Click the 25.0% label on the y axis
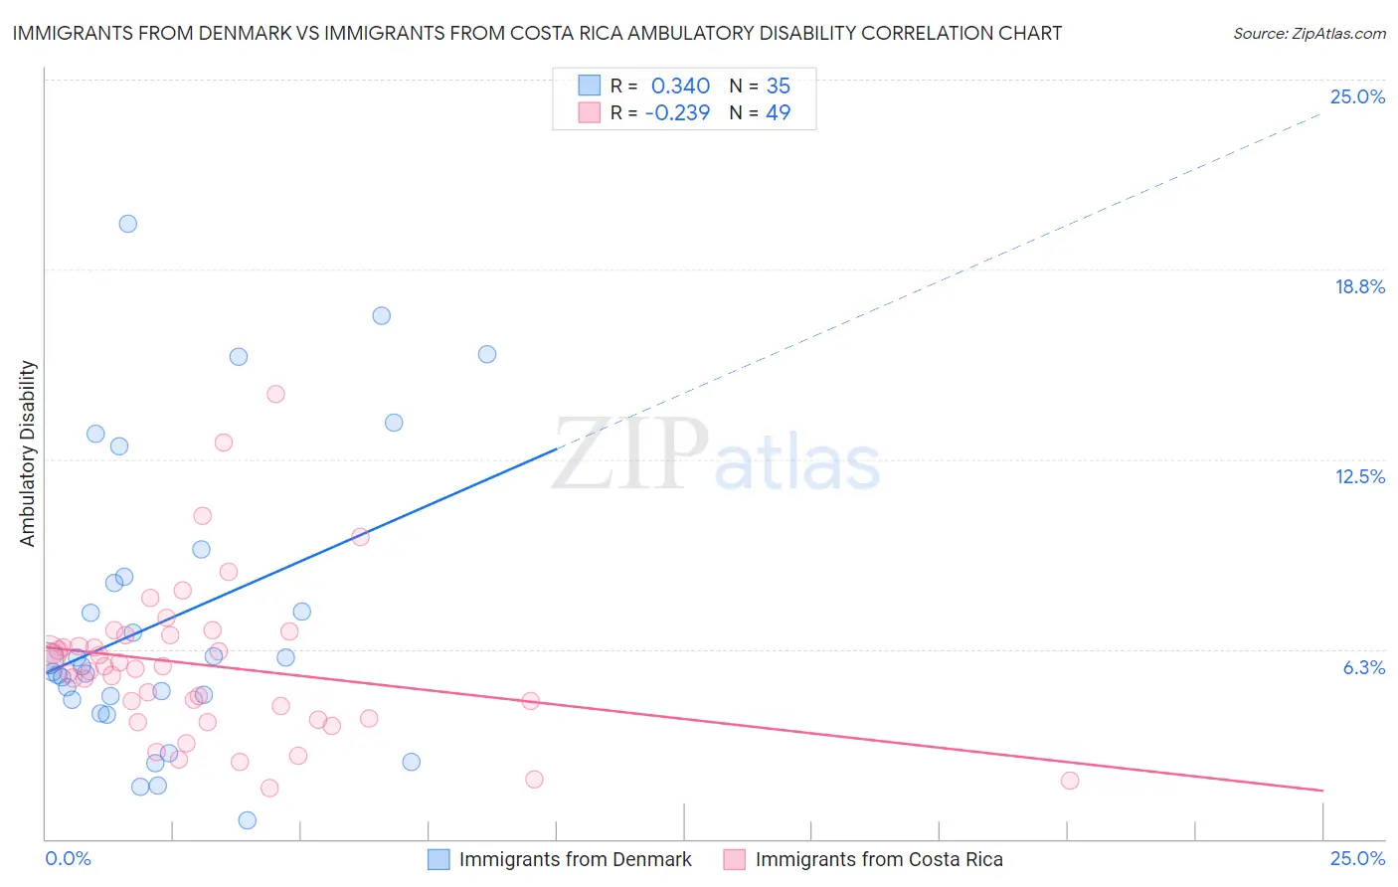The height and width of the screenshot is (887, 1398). (x=1357, y=96)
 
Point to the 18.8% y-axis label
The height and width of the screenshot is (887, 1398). (x=1359, y=286)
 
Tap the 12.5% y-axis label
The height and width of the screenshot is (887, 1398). (x=1359, y=476)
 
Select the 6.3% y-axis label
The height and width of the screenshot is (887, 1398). (x=1363, y=667)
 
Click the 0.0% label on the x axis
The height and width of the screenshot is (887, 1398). (x=68, y=858)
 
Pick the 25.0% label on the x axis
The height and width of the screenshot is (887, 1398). (x=1357, y=858)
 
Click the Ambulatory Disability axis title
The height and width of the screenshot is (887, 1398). (x=28, y=453)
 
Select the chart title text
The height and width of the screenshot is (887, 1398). (x=537, y=33)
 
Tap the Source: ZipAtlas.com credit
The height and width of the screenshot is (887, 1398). (x=1309, y=33)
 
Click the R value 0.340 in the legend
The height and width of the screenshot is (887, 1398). (x=680, y=86)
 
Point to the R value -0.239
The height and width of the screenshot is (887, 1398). (x=677, y=112)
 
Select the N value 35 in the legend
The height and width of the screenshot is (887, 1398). (x=778, y=86)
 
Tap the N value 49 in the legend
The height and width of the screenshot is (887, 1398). (x=778, y=112)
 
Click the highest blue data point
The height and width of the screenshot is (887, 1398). (x=128, y=224)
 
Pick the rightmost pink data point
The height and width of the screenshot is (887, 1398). (x=1070, y=781)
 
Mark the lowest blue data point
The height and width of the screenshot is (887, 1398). (x=248, y=820)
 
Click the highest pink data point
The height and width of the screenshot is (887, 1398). (x=275, y=394)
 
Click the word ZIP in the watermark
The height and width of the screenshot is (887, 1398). (x=630, y=454)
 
